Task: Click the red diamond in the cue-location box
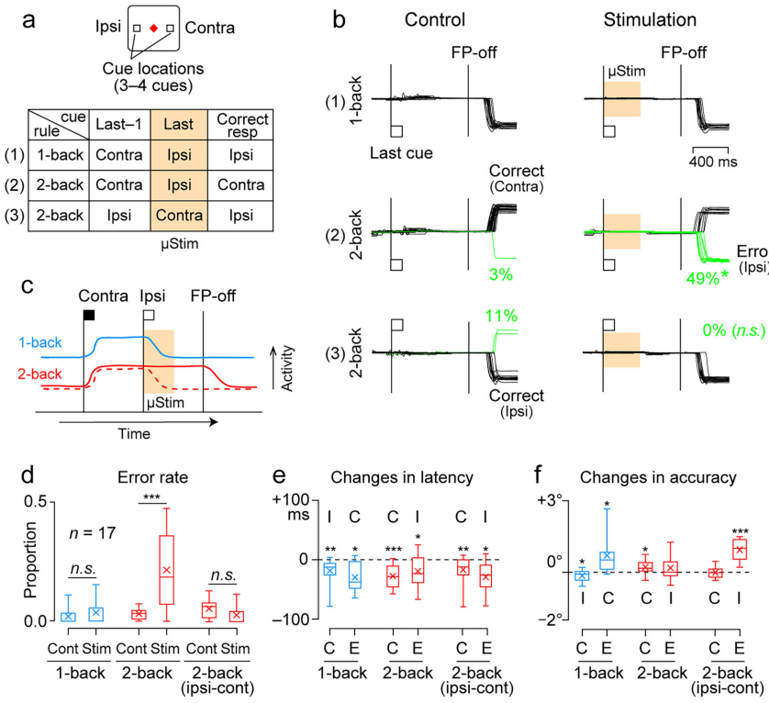[153, 28]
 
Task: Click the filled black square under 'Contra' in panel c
[89, 315]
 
